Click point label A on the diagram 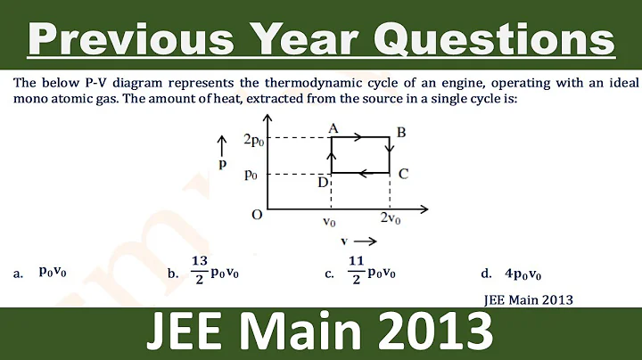333,129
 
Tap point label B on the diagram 401,133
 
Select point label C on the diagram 403,174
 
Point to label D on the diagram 323,183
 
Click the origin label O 256,215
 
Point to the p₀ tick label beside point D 252,174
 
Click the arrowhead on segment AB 356,137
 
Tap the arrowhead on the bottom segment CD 363,173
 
